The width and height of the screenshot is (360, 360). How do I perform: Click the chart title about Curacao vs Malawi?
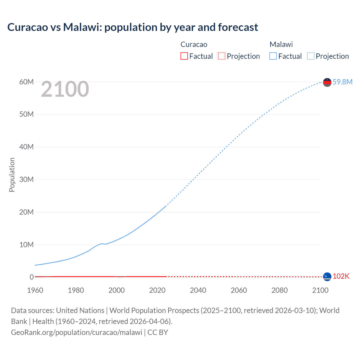(132, 27)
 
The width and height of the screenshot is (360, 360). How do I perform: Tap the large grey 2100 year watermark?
(65, 89)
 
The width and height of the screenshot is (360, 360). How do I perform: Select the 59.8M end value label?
(342, 82)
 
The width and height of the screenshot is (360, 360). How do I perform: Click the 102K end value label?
(341, 276)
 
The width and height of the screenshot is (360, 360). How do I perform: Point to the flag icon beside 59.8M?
(327, 82)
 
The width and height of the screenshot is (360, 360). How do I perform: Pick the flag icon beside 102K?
(327, 277)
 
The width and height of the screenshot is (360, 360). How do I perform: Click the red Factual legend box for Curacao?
(184, 56)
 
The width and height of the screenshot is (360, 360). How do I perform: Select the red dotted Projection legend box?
(222, 56)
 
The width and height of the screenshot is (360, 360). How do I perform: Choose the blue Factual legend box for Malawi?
(273, 56)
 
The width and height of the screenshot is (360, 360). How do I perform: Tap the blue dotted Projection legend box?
(310, 56)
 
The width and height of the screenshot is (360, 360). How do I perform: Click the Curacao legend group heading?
(194, 44)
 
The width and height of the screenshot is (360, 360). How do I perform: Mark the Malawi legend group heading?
(281, 44)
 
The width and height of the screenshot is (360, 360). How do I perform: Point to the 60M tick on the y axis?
(26, 82)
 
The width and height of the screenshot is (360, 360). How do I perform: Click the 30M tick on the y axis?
(26, 179)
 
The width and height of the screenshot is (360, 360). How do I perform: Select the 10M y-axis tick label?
(26, 245)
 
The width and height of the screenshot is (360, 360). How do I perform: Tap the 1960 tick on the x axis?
(35, 290)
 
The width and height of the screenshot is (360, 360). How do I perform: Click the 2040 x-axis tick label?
(198, 290)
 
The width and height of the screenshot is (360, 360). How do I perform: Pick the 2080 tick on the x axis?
(280, 290)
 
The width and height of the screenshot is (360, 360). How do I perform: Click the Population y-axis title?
(12, 175)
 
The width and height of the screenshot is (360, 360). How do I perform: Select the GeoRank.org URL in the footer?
(76, 332)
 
